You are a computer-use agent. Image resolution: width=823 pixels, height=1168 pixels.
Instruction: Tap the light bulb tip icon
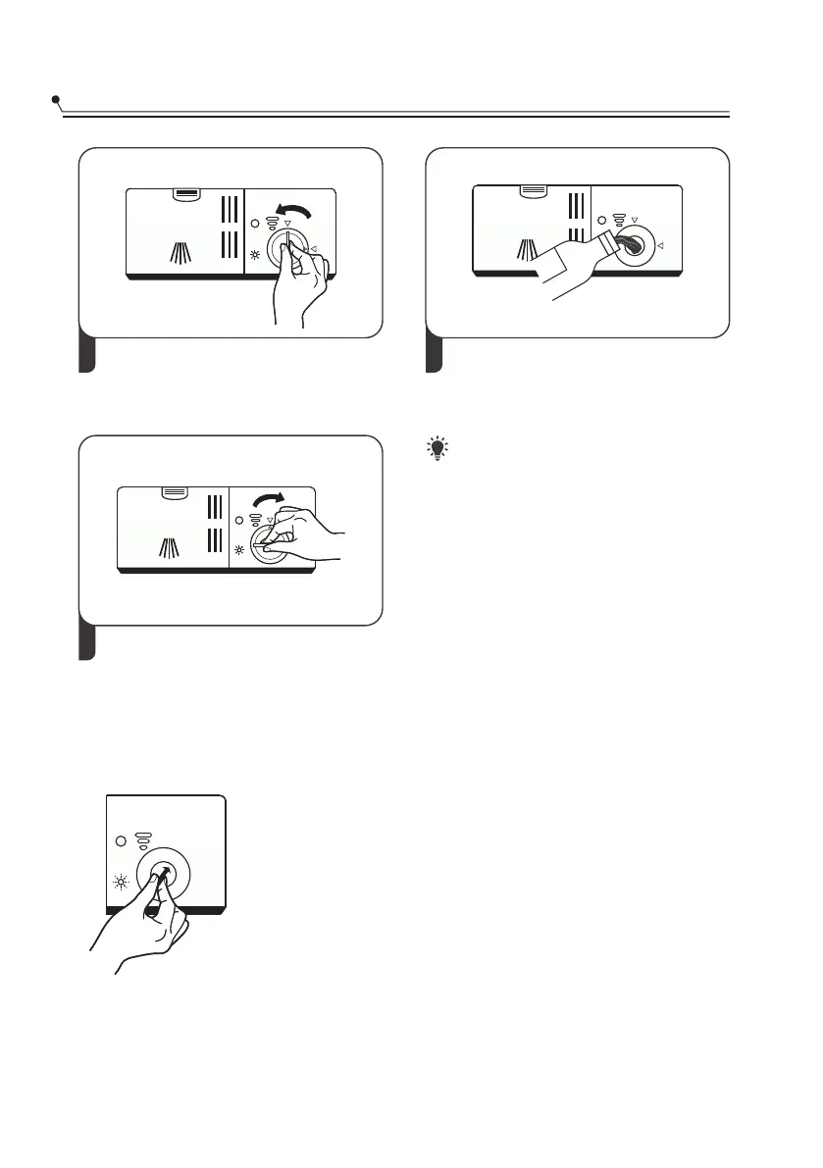pos(437,449)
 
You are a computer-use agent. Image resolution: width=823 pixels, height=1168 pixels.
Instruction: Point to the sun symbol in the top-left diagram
pos(255,255)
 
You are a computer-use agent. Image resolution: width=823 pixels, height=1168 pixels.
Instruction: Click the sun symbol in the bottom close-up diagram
pos(122,883)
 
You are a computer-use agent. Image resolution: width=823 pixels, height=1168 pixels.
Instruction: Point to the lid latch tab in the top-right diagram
pos(535,191)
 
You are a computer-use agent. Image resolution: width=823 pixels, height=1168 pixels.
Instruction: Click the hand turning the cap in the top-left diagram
pos(299,284)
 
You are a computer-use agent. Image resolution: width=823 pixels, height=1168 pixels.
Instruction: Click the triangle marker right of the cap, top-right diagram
pos(660,245)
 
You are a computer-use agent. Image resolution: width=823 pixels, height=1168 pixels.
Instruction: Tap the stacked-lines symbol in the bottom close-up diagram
pos(143,838)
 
